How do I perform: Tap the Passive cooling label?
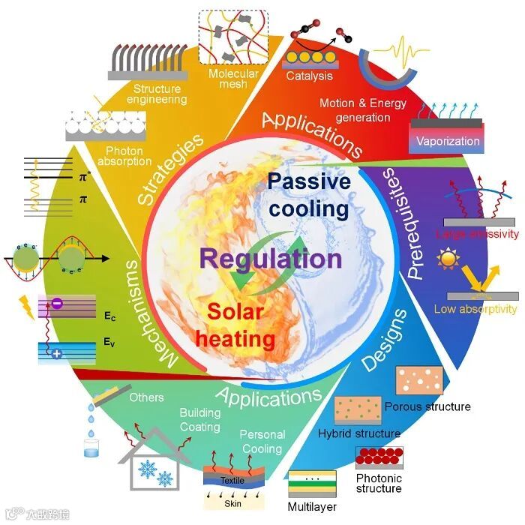tap(309, 194)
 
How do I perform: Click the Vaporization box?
tap(448, 140)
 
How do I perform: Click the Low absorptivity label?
tap(475, 309)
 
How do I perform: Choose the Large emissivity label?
tap(478, 234)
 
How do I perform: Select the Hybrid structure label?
tap(359, 433)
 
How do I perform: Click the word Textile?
tap(232, 479)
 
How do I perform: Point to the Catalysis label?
tap(310, 75)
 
